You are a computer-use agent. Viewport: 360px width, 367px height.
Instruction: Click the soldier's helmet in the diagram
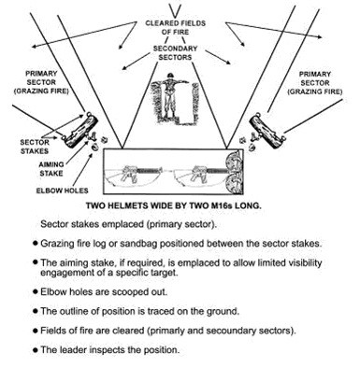pyautogui.click(x=170, y=76)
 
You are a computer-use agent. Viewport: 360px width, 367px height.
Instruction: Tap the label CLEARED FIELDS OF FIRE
pyautogui.click(x=176, y=27)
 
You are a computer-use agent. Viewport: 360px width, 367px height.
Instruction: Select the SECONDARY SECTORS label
pyautogui.click(x=175, y=53)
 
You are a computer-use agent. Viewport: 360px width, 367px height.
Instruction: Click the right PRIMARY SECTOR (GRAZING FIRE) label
pyautogui.click(x=315, y=83)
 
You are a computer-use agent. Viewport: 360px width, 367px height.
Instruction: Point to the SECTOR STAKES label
pyautogui.click(x=35, y=147)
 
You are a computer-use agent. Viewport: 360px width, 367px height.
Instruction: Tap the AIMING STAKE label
pyautogui.click(x=51, y=169)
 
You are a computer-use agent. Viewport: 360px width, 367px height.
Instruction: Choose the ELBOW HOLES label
pyautogui.click(x=63, y=191)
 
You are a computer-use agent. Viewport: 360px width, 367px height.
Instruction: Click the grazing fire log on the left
pyautogui.click(x=80, y=131)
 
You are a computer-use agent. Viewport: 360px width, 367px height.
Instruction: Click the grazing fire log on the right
pyautogui.click(x=267, y=131)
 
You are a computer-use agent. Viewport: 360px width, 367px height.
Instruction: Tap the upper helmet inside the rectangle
pyautogui.click(x=234, y=162)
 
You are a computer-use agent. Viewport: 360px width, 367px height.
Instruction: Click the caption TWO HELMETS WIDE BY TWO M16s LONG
pyautogui.click(x=173, y=205)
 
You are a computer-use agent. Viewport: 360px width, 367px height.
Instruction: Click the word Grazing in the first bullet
pyautogui.click(x=56, y=244)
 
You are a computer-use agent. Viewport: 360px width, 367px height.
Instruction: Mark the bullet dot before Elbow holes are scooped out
pyautogui.click(x=36, y=291)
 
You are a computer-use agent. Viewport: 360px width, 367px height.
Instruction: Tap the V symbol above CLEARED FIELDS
pyautogui.click(x=176, y=10)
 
